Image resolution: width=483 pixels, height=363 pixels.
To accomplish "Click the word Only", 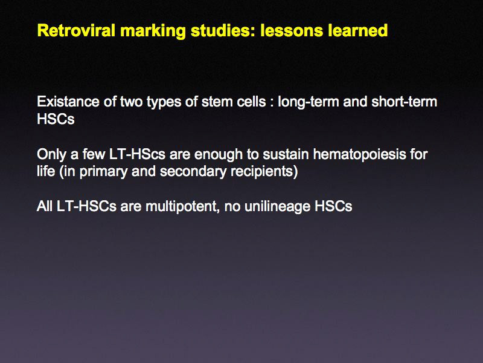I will click(51, 154).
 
